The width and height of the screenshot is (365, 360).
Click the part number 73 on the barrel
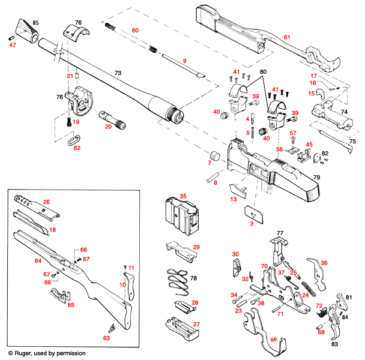click(x=118, y=72)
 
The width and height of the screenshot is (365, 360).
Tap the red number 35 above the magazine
click(x=184, y=196)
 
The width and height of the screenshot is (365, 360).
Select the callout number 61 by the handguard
click(x=287, y=38)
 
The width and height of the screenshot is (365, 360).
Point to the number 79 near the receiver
click(x=318, y=178)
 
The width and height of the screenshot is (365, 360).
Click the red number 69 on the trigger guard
click(x=274, y=340)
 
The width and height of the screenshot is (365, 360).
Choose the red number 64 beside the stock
click(x=38, y=261)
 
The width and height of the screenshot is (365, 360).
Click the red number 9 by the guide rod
click(x=185, y=61)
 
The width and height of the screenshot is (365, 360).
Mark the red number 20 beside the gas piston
click(x=109, y=126)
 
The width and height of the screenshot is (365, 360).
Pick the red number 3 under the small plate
click(x=252, y=223)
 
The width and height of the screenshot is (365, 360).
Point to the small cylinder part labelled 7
click(x=214, y=158)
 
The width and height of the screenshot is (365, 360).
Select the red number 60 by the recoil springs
click(x=135, y=30)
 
